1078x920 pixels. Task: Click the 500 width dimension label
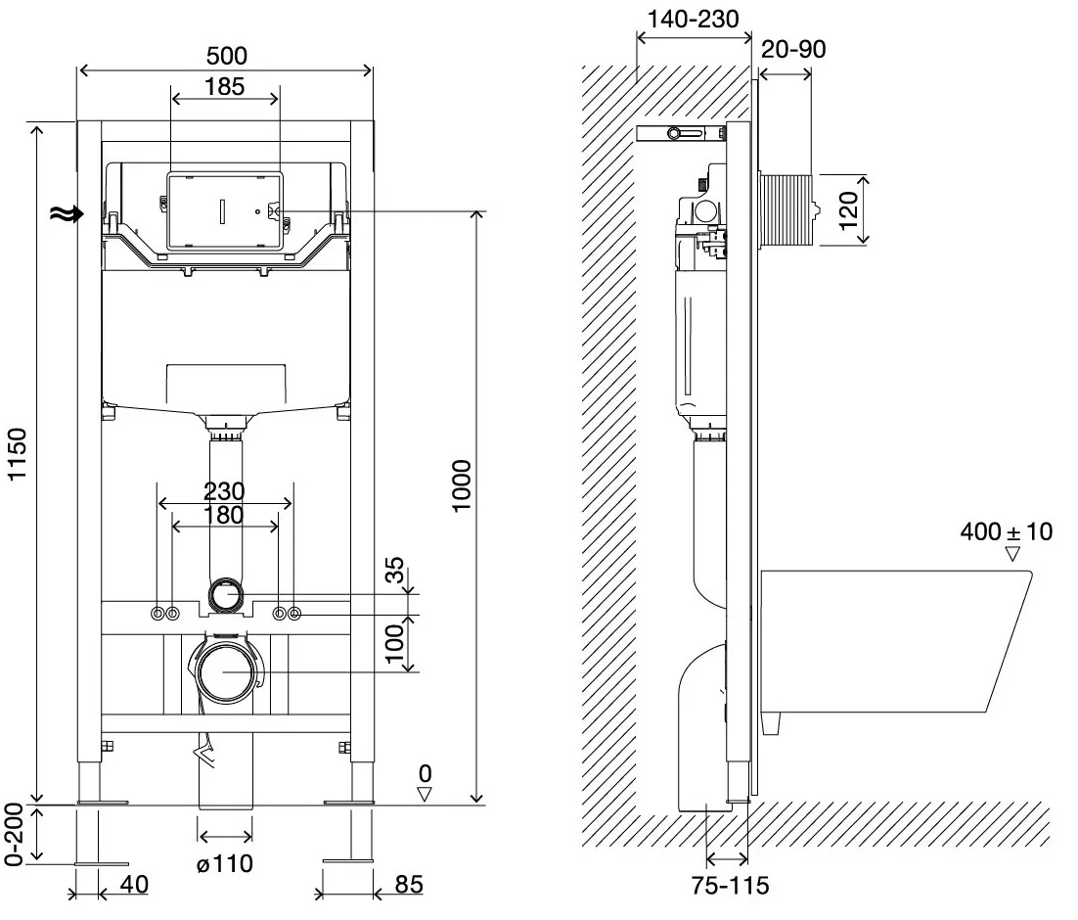[x=227, y=56]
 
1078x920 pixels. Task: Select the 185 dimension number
[x=225, y=87]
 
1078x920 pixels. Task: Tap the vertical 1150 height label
[x=17, y=454]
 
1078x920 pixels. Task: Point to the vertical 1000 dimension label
[x=462, y=485]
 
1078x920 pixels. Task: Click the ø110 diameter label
[x=225, y=863]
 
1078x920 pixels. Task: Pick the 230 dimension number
[x=224, y=491]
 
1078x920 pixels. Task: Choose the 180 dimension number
[x=224, y=515]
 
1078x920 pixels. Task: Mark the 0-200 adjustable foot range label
[x=14, y=834]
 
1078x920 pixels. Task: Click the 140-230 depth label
[x=693, y=20]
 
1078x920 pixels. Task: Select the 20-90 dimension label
[x=793, y=50]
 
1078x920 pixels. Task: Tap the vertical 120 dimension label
[x=848, y=210]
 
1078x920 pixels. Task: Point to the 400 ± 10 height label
[x=1006, y=531]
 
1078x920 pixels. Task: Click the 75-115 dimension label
[x=730, y=886]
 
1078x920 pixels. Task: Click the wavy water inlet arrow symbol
[x=67, y=214]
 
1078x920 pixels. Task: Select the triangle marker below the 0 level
[x=425, y=794]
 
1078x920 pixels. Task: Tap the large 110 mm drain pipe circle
[x=225, y=670]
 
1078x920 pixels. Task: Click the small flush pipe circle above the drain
[x=226, y=594]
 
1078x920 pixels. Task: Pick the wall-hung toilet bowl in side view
[x=896, y=641]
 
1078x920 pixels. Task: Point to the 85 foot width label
[x=408, y=884]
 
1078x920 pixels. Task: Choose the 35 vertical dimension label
[x=394, y=571]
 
